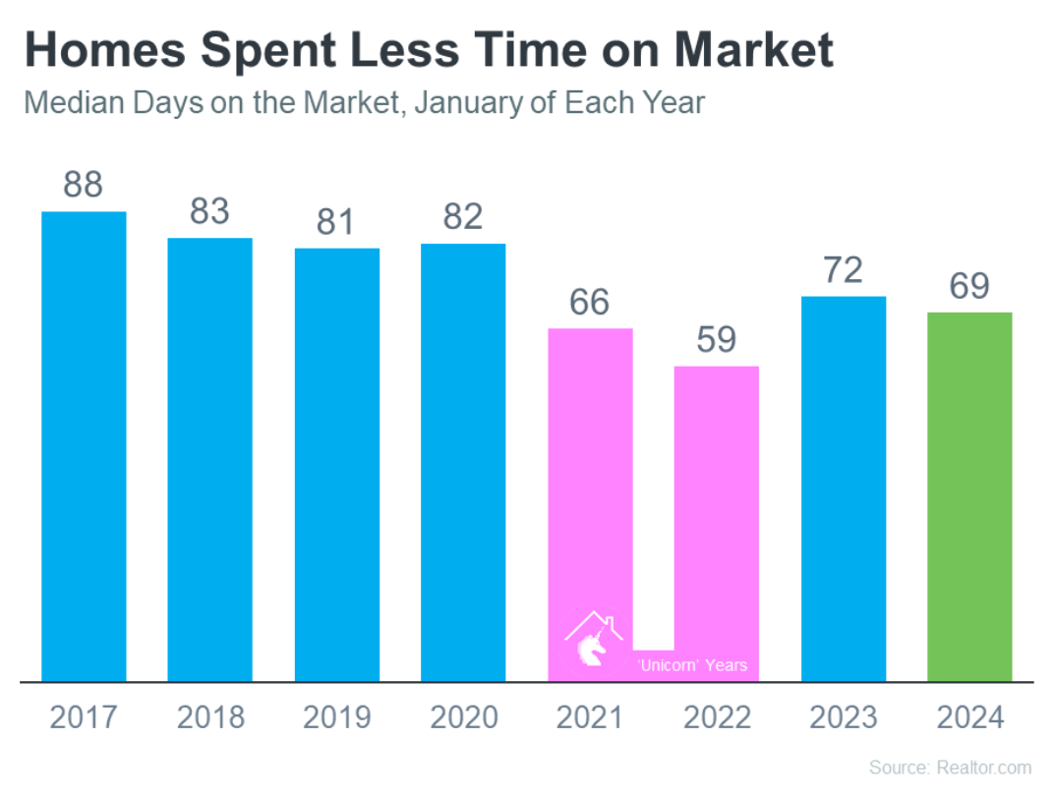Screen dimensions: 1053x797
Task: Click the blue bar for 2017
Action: (84, 446)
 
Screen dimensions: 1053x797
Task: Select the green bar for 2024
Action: (969, 497)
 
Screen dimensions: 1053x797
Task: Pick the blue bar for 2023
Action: (844, 488)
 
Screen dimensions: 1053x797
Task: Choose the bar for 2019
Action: (337, 465)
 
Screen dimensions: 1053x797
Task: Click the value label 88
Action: (84, 184)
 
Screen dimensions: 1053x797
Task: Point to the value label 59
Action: (717, 339)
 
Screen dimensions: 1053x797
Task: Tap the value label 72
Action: (844, 270)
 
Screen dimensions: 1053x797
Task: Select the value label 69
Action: (969, 286)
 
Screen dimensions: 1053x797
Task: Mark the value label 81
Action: (336, 222)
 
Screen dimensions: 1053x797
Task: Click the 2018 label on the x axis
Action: (210, 717)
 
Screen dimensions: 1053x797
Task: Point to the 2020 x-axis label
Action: (464, 717)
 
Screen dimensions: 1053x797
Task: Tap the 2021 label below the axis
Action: (590, 717)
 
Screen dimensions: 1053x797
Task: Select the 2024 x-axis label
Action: (970, 717)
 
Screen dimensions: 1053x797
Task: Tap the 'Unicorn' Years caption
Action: (692, 665)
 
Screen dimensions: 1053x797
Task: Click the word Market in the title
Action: (754, 50)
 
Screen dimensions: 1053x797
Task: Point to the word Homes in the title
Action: (105, 50)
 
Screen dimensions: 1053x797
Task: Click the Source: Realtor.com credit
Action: (950, 768)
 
